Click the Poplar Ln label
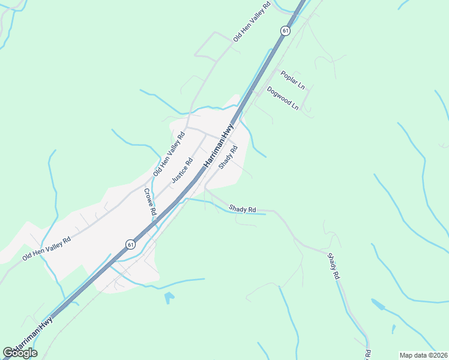click(292, 80)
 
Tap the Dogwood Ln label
click(283, 98)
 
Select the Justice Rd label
click(181, 170)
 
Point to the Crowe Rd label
click(149, 202)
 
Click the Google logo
click(20, 352)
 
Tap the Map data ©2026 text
click(424, 355)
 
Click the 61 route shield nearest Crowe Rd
click(130, 244)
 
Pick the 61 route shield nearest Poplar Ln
click(285, 30)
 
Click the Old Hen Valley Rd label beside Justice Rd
click(169, 154)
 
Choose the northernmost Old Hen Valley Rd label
click(252, 21)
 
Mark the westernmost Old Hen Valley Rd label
click(46, 248)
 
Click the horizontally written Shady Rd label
click(243, 209)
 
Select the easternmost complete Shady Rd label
click(334, 266)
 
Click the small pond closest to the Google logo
click(169, 297)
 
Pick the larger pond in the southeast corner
click(379, 304)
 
